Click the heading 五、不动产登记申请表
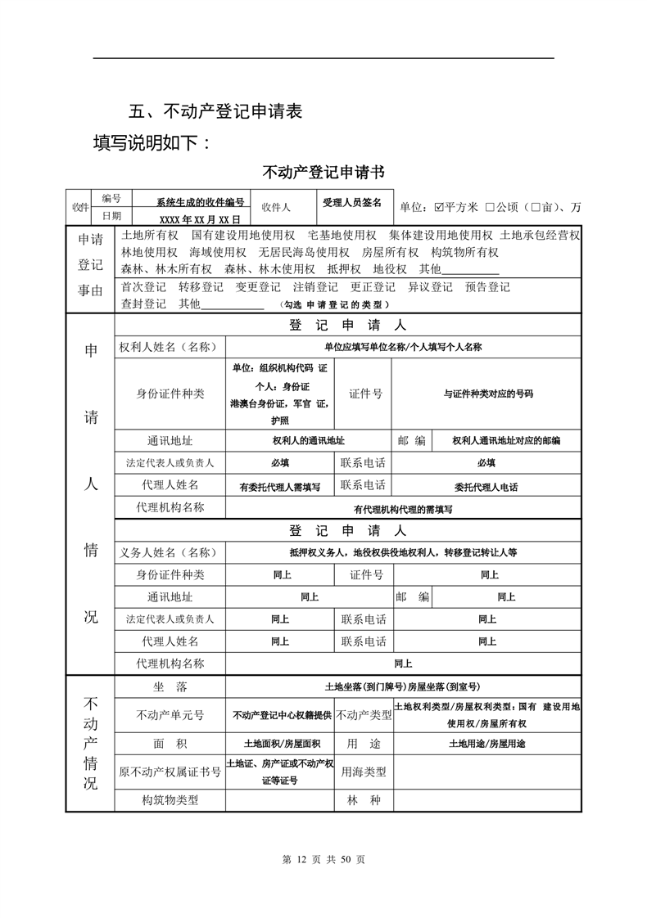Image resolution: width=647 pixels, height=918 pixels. click(x=216, y=111)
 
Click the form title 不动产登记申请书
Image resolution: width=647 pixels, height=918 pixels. click(x=323, y=173)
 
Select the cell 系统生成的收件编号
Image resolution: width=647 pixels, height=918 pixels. click(x=201, y=201)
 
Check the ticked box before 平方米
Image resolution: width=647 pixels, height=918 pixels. click(x=439, y=207)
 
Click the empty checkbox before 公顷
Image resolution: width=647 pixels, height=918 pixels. click(x=490, y=207)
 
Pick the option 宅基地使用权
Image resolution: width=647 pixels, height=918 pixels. click(x=342, y=236)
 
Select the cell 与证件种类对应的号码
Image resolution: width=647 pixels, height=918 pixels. click(x=488, y=394)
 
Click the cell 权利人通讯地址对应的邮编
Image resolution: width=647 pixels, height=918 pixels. click(x=506, y=441)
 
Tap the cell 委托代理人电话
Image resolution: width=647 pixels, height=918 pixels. click(x=486, y=487)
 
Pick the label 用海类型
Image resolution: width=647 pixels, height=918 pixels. click(x=364, y=771)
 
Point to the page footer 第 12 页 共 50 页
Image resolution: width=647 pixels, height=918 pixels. click(x=323, y=859)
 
